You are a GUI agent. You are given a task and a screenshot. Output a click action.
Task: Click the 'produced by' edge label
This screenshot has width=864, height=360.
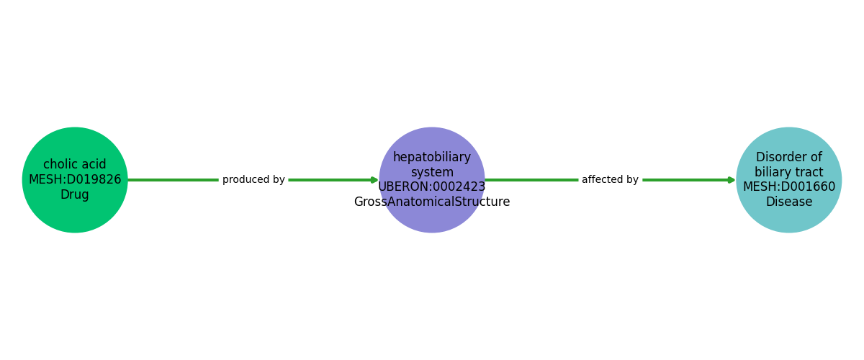(253, 180)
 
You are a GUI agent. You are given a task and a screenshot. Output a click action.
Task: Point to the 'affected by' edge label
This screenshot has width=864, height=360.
(610, 180)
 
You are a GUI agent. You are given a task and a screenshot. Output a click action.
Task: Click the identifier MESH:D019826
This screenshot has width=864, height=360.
(75, 180)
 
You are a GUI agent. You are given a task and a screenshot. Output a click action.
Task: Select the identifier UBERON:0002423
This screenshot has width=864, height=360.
(432, 187)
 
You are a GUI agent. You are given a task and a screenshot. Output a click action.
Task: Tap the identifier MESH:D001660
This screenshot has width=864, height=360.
(789, 187)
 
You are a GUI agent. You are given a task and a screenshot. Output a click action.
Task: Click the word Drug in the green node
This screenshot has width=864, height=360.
(75, 195)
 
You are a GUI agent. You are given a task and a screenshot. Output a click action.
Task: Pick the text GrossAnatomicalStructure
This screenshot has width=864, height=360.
(432, 202)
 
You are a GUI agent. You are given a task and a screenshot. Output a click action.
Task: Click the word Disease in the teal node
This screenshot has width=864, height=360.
(789, 202)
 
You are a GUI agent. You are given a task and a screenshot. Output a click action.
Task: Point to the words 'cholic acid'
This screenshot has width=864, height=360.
(75, 165)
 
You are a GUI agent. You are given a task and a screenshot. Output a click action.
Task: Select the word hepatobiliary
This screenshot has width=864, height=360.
(432, 158)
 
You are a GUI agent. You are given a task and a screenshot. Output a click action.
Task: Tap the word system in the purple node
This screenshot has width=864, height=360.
(432, 173)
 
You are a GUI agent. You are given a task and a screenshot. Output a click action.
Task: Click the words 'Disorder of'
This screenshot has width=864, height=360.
(789, 158)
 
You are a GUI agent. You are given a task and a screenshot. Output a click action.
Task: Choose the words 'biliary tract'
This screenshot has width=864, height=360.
(789, 173)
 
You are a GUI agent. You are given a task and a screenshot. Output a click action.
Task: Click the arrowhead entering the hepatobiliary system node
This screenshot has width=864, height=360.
(374, 180)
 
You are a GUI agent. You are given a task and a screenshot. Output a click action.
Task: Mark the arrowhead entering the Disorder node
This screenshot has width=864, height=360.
(732, 180)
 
